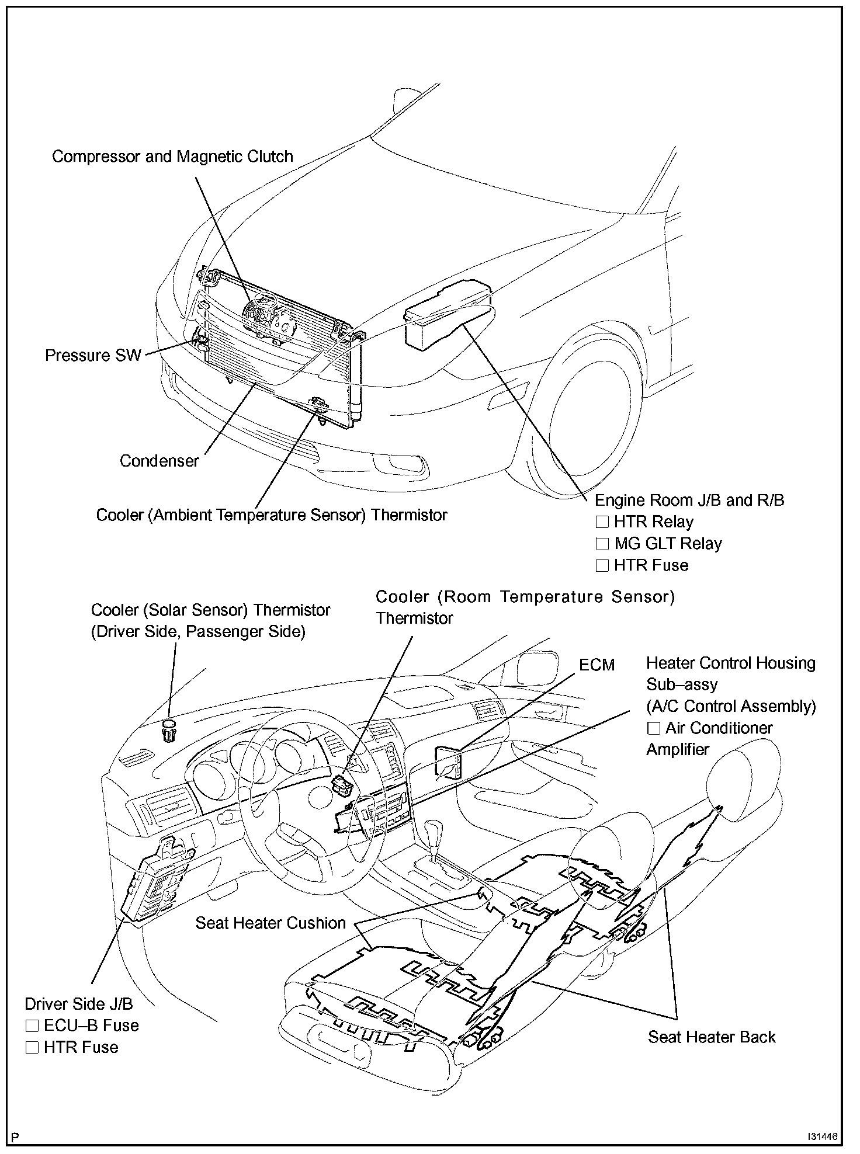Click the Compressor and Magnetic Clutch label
172,157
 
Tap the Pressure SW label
93,356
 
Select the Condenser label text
159,461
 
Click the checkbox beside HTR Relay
602,522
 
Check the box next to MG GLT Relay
602,544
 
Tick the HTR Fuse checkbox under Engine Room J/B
602,566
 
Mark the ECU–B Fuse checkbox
32,1026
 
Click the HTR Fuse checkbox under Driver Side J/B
32,1048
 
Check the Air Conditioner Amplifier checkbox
653,729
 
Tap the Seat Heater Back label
711,1037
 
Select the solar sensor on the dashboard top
168,731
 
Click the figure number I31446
823,1136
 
